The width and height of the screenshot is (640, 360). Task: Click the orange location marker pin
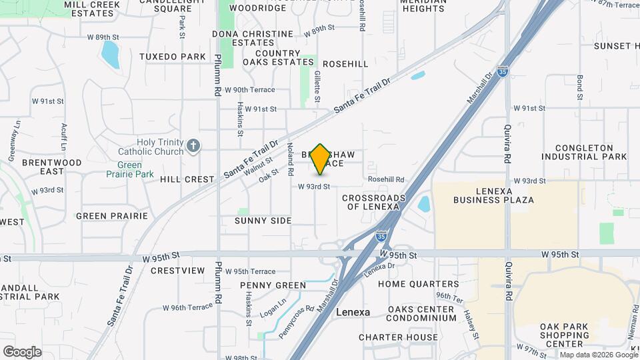coord(321,159)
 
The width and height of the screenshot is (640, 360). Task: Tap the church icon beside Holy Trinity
coord(193,146)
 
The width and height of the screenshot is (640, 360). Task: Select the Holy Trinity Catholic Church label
coord(160,147)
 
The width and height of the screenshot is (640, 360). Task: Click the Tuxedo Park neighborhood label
coord(173,57)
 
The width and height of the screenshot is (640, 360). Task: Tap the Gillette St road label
coord(317,87)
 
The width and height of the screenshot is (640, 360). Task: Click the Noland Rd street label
coord(290,159)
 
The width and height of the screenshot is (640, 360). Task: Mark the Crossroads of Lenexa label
coord(373,202)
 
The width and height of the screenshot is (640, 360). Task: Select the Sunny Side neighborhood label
coord(263,221)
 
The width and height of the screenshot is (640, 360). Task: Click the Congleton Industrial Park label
coord(584,152)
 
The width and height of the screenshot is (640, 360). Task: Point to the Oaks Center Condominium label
coord(413,313)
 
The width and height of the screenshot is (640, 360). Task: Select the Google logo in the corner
coord(22,352)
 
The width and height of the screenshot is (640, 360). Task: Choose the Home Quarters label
coord(418,284)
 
